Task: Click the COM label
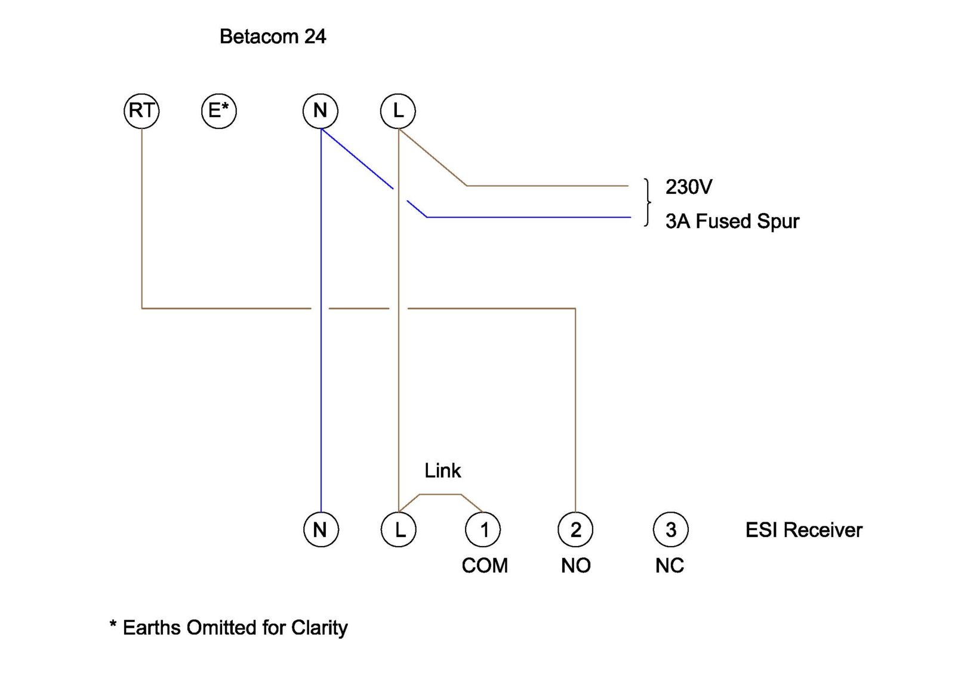[485, 566]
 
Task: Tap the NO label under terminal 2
[576, 566]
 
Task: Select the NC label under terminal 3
[670, 566]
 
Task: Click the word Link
[442, 471]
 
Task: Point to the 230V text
[689, 187]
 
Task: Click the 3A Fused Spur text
[732, 221]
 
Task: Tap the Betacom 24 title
[273, 36]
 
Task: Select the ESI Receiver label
[804, 530]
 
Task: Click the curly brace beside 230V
[648, 202]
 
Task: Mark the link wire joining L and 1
[440, 495]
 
